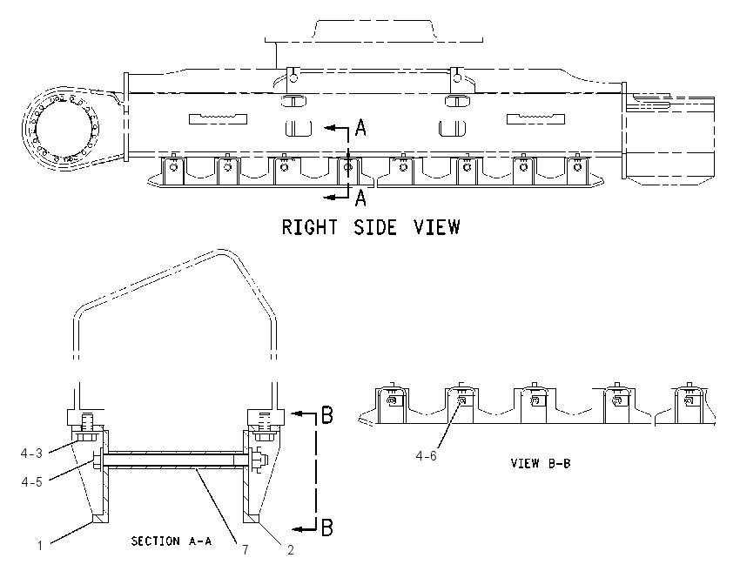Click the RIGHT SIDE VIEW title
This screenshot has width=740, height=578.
[x=371, y=227]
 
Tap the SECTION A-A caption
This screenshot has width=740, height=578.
[x=172, y=541]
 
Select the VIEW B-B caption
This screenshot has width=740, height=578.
[x=541, y=463]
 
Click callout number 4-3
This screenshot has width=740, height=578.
[x=31, y=454]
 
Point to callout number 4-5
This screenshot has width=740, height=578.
[x=31, y=481]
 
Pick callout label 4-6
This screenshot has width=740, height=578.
[x=427, y=456]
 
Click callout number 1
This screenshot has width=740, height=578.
[x=40, y=546]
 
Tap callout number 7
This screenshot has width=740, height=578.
[x=246, y=549]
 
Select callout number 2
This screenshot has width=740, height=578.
[x=291, y=549]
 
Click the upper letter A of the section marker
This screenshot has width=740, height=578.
[x=360, y=127]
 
